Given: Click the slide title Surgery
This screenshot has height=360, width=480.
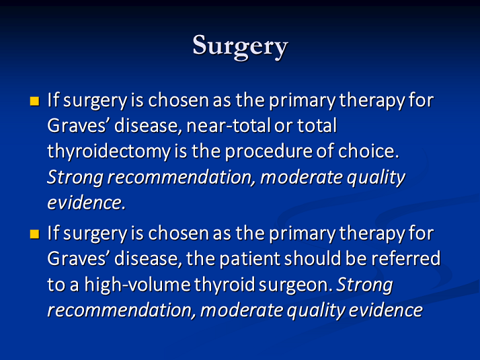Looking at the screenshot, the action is (240, 46).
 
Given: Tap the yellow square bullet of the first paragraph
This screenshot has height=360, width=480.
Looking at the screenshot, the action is (34, 101).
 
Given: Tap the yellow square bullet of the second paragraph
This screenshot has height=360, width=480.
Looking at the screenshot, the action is (34, 234).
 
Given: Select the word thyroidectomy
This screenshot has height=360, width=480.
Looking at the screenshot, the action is (109, 152).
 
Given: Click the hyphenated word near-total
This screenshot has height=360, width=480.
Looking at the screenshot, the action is (229, 126).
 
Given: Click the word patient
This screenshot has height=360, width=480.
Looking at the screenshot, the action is (250, 259).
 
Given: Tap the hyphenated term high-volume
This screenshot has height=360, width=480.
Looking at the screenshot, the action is (137, 285).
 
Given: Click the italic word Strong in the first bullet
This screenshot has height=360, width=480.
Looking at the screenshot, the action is (75, 178).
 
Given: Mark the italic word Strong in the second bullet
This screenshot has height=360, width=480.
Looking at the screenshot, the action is (364, 285).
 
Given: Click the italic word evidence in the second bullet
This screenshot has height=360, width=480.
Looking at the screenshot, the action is (386, 310).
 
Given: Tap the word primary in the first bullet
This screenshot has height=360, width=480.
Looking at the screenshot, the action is (303, 101).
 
